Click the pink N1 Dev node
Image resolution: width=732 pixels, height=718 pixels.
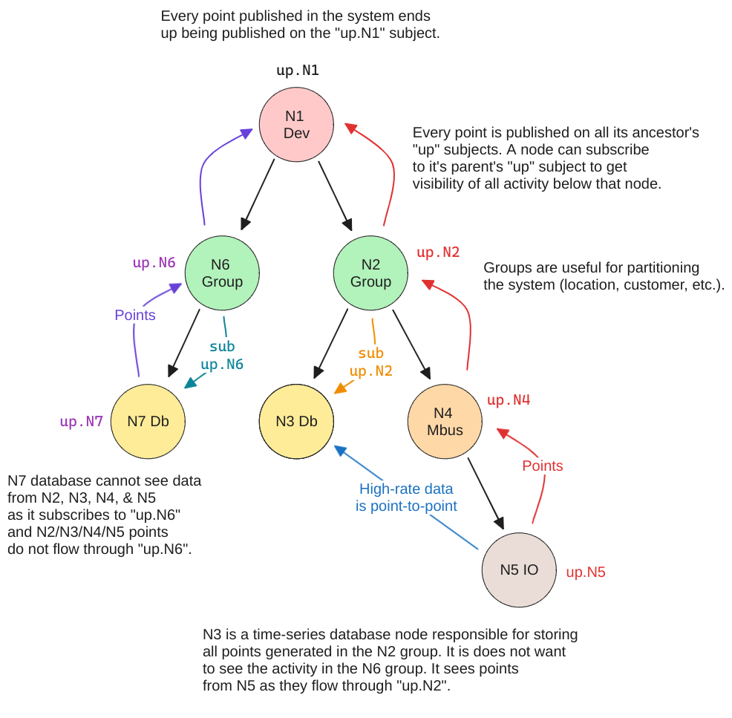296,124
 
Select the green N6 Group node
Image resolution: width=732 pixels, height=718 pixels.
222,272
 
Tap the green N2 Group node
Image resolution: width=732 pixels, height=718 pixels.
370,272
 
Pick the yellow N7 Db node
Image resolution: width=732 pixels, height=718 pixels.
148,421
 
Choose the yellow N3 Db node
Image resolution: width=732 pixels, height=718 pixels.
296,421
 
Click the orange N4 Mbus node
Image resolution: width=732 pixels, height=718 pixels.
445,421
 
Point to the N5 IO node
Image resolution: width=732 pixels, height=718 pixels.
519,569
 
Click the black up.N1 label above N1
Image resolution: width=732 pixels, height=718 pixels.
297,71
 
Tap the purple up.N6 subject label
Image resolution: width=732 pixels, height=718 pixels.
154,262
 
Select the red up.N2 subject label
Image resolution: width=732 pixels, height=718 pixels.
438,252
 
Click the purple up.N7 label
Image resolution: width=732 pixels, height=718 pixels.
82,422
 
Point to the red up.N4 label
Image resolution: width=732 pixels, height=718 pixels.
509,400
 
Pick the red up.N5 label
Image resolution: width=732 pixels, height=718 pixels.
586,572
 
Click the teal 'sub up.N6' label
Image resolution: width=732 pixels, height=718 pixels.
223,356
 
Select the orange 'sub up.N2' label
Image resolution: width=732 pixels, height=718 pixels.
370,362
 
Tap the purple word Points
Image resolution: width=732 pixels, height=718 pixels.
135,315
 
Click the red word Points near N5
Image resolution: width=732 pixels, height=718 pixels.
542,466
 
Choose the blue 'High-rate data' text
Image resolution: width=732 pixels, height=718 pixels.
406,489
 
